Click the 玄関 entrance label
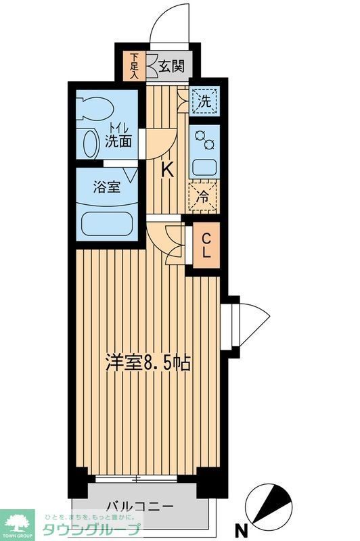pos(172,66)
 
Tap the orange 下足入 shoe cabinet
pos(135,66)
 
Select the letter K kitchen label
pos(166,170)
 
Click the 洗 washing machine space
pos(204,101)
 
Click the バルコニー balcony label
pos(140,507)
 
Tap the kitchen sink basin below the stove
pos(204,166)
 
